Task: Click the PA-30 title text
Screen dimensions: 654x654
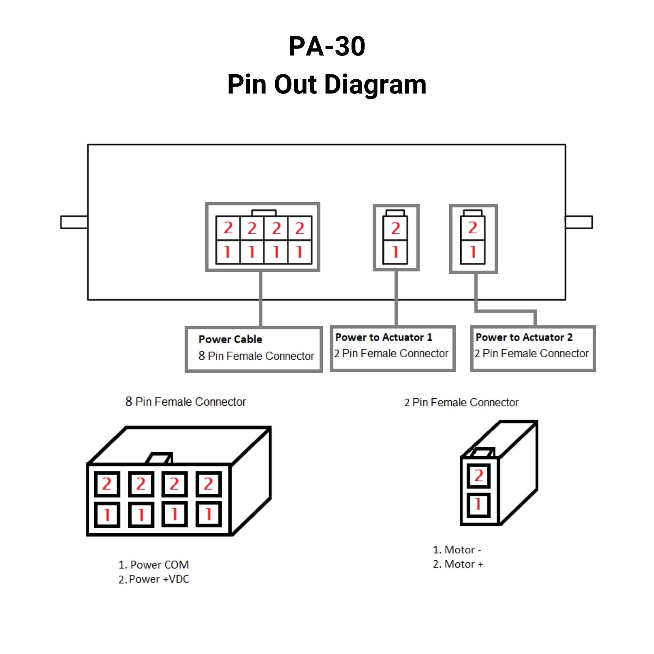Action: tap(327, 46)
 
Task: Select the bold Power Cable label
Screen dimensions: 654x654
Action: tap(230, 339)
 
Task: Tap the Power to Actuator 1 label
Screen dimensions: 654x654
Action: tap(383, 337)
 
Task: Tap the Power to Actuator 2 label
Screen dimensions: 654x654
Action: tap(524, 337)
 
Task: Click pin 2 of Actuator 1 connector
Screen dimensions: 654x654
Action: tap(395, 228)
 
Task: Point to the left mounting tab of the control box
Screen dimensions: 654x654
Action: tap(74, 222)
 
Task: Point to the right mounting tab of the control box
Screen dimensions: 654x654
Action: tap(579, 222)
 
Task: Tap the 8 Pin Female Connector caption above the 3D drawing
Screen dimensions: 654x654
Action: tap(186, 402)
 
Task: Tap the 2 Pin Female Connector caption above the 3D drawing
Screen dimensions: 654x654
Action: tap(461, 403)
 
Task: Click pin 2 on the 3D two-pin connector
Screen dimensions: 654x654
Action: tap(478, 476)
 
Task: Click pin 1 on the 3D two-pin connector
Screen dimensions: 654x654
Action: tap(478, 504)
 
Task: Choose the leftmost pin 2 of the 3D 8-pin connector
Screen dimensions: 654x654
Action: tap(107, 484)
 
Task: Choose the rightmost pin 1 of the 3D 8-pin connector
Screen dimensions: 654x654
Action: tap(208, 515)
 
